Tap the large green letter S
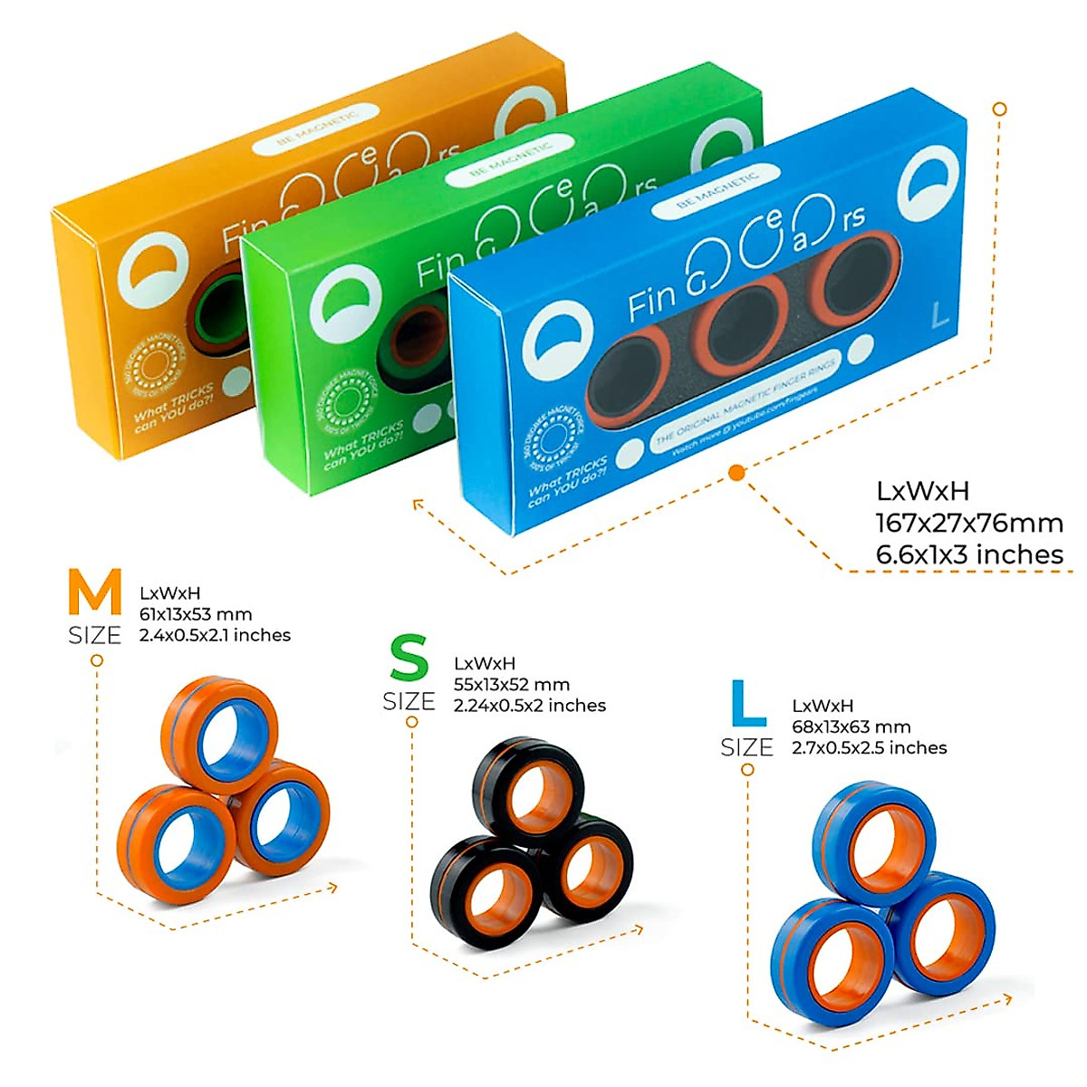click(409, 659)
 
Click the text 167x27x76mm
click(968, 523)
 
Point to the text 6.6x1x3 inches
click(969, 554)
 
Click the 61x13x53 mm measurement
click(196, 614)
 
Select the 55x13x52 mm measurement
click(511, 684)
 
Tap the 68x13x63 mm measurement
click(851, 726)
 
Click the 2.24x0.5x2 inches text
click(530, 705)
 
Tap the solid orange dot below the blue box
click(736, 472)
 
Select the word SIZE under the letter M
click(94, 635)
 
